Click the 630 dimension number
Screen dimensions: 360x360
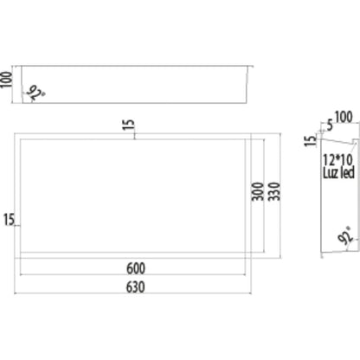click(x=136, y=287)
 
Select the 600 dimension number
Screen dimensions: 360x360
click(x=136, y=268)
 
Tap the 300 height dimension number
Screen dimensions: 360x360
click(x=258, y=191)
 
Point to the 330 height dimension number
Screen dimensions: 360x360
click(x=274, y=191)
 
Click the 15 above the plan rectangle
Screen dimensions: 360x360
click(x=129, y=125)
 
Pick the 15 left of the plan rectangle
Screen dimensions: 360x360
click(x=9, y=220)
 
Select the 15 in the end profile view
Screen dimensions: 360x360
click(x=311, y=141)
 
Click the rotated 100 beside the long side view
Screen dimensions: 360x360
click(x=6, y=80)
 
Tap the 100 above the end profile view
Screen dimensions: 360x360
click(x=344, y=117)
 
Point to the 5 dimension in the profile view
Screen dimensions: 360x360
click(x=330, y=125)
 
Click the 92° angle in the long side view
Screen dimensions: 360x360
click(x=35, y=93)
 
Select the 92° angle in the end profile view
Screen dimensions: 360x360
click(x=346, y=235)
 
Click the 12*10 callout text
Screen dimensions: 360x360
click(x=337, y=159)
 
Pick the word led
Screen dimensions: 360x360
click(x=347, y=173)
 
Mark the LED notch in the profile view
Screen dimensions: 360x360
click(x=356, y=142)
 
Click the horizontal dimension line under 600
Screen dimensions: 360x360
click(x=132, y=275)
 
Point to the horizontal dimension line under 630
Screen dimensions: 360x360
click(x=132, y=293)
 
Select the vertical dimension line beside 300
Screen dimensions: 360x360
click(x=264, y=196)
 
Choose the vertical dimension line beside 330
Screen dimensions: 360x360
click(x=280, y=196)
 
